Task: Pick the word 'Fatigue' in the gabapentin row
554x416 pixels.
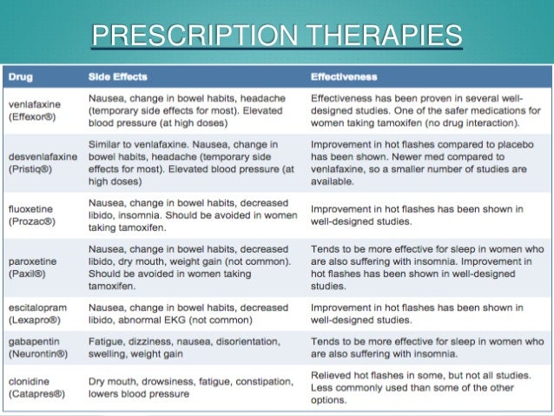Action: coord(107,343)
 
